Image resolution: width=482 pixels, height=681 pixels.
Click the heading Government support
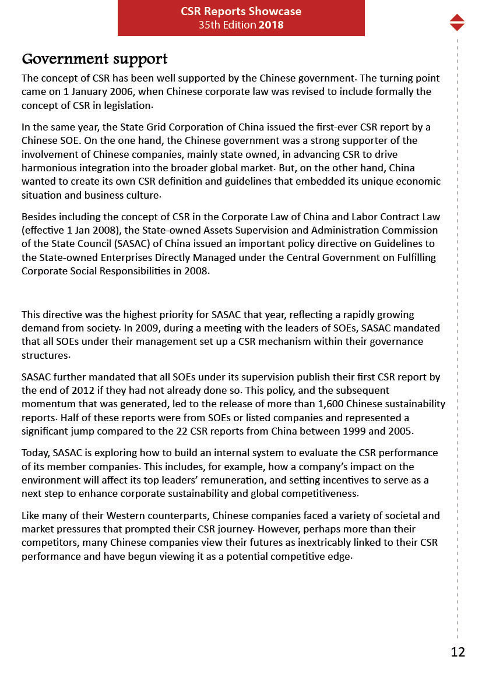(x=94, y=59)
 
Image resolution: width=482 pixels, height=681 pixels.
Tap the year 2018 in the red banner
(x=272, y=24)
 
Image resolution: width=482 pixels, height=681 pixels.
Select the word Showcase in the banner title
(x=274, y=11)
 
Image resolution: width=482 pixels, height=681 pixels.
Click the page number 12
(x=458, y=652)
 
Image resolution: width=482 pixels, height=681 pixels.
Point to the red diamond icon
(x=457, y=22)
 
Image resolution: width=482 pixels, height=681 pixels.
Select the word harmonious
(x=46, y=168)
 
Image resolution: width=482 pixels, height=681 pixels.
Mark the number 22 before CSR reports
(x=182, y=431)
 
